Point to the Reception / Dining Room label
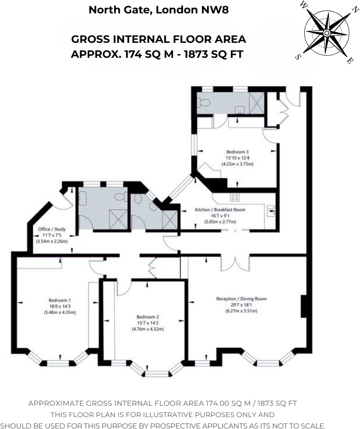241,298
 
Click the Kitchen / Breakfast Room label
220,210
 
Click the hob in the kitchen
234,197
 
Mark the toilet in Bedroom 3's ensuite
204,102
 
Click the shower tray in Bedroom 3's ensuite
257,103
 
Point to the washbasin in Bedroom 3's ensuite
240,110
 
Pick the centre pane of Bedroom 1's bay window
58,363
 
